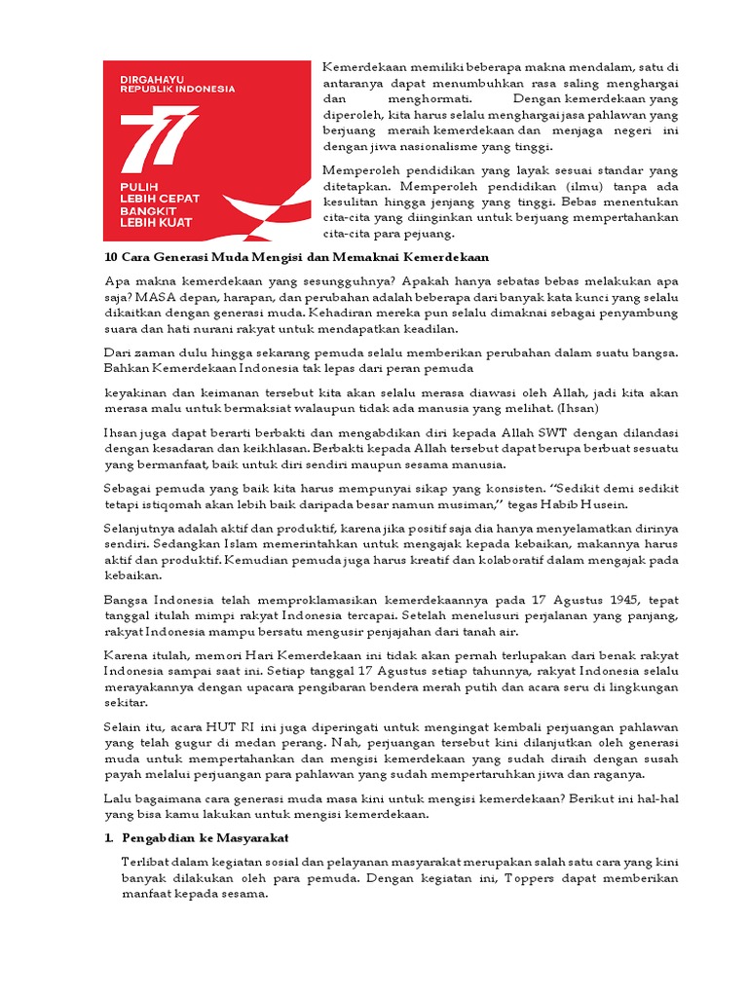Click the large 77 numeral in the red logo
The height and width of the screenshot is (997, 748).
coord(157,136)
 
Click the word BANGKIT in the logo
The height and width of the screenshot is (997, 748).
coord(145,210)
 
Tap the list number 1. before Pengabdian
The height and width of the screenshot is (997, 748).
coord(109,838)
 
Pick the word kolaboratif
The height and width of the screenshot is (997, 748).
coord(546,560)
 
